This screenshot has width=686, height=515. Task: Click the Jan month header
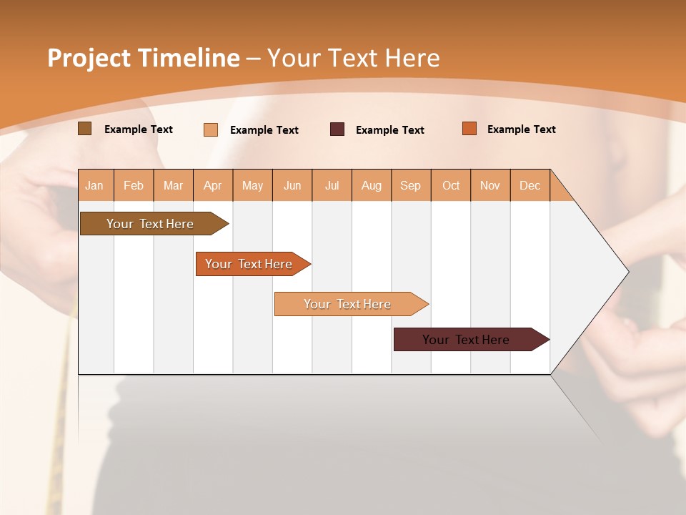94,185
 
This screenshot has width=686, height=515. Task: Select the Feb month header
134,185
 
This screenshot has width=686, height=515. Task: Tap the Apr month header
212,185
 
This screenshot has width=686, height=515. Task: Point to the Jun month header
292,185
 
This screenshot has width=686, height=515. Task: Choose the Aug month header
371,185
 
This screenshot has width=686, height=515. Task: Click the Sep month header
410,185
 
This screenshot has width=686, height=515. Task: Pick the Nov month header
489,185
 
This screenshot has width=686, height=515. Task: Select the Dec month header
530,185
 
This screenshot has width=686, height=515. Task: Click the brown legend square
85,129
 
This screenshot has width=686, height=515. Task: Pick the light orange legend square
211,129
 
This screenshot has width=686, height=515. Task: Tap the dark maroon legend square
337,129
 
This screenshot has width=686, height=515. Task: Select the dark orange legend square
469,129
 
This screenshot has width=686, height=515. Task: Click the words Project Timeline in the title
143,58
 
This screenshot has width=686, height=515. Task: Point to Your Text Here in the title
353,58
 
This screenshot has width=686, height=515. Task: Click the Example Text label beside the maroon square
389,130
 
